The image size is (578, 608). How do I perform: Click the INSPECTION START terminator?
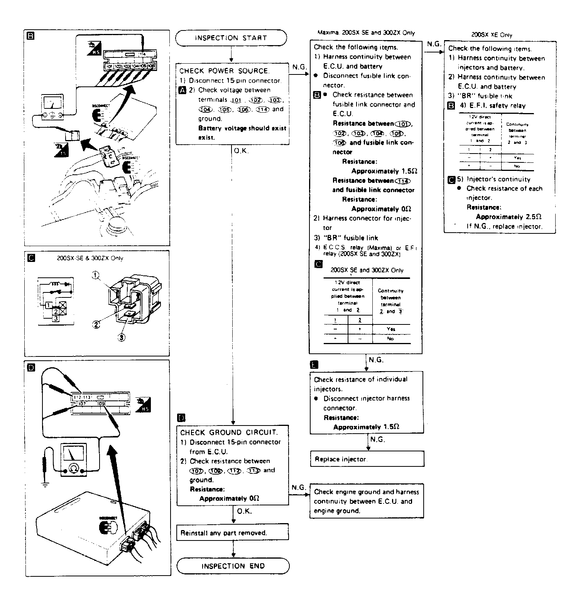pos(231,38)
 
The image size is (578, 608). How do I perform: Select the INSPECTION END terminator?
pos(233,566)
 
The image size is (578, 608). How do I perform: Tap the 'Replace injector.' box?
pos(367,459)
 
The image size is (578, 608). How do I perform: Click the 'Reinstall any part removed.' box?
pos(232,533)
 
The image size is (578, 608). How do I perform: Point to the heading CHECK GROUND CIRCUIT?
pos(229,432)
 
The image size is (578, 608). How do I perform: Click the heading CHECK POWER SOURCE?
pos(224,71)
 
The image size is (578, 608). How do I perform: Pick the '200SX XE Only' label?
pos(492,35)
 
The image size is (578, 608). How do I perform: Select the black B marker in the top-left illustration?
pos(31,36)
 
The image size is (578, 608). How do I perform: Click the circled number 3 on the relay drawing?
pos(122,337)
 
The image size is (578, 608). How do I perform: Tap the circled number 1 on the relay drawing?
pos(96,275)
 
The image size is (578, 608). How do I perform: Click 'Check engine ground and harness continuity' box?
pos(366,501)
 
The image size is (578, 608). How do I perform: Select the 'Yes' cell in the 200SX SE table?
pos(390,329)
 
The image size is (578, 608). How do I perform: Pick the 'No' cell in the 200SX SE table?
pos(390,339)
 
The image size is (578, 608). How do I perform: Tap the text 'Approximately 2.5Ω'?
pos(509,217)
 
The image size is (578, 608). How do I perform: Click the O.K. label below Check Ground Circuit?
pos(244,511)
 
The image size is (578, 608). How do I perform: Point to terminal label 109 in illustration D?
pos(101,404)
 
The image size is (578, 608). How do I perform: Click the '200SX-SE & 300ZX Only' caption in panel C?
pos(90,258)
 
